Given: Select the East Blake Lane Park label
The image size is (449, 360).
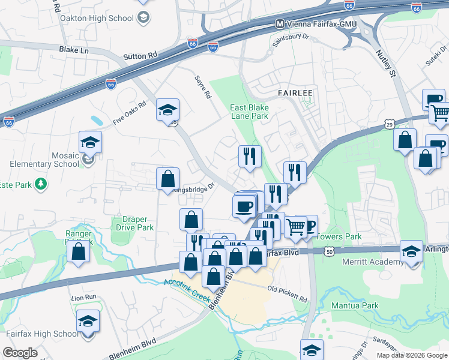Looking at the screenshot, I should pyautogui.click(x=249, y=112).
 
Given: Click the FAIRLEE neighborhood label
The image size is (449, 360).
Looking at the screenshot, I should pyautogui.click(x=295, y=94).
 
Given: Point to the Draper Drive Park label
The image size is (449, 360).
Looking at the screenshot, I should pyautogui.click(x=134, y=223).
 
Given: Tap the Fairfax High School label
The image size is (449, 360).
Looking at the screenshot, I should pyautogui.click(x=41, y=334).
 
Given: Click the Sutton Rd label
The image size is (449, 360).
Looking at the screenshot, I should pyautogui.click(x=140, y=56).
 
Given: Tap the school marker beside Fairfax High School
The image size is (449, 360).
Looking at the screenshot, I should pyautogui.click(x=88, y=323).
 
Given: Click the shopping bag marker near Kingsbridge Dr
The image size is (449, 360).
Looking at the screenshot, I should pyautogui.click(x=167, y=178).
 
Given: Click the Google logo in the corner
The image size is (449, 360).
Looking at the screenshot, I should pyautogui.click(x=21, y=353).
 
